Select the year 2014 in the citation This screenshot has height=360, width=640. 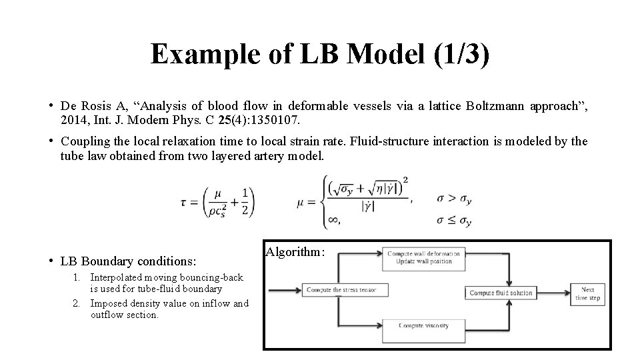[73, 120]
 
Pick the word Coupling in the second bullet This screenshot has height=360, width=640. [83, 141]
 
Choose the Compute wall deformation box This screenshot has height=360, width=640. [422, 257]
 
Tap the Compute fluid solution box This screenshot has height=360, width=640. [501, 293]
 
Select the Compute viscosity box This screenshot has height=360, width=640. [423, 325]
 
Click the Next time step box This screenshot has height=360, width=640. [587, 294]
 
